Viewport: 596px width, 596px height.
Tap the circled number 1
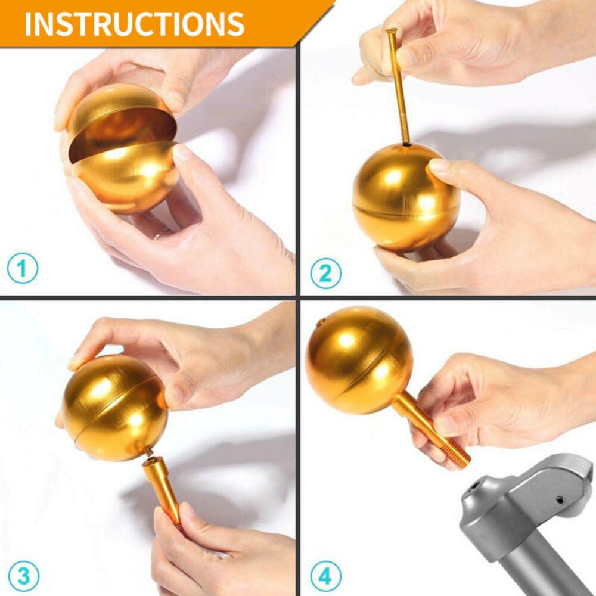click(23, 269)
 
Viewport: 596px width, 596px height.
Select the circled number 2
click(325, 273)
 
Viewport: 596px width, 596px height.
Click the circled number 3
click(23, 576)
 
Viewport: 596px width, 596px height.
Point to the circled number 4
click(325, 576)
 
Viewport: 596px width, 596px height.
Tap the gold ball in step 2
click(406, 196)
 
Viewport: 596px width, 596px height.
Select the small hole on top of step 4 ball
click(320, 324)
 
